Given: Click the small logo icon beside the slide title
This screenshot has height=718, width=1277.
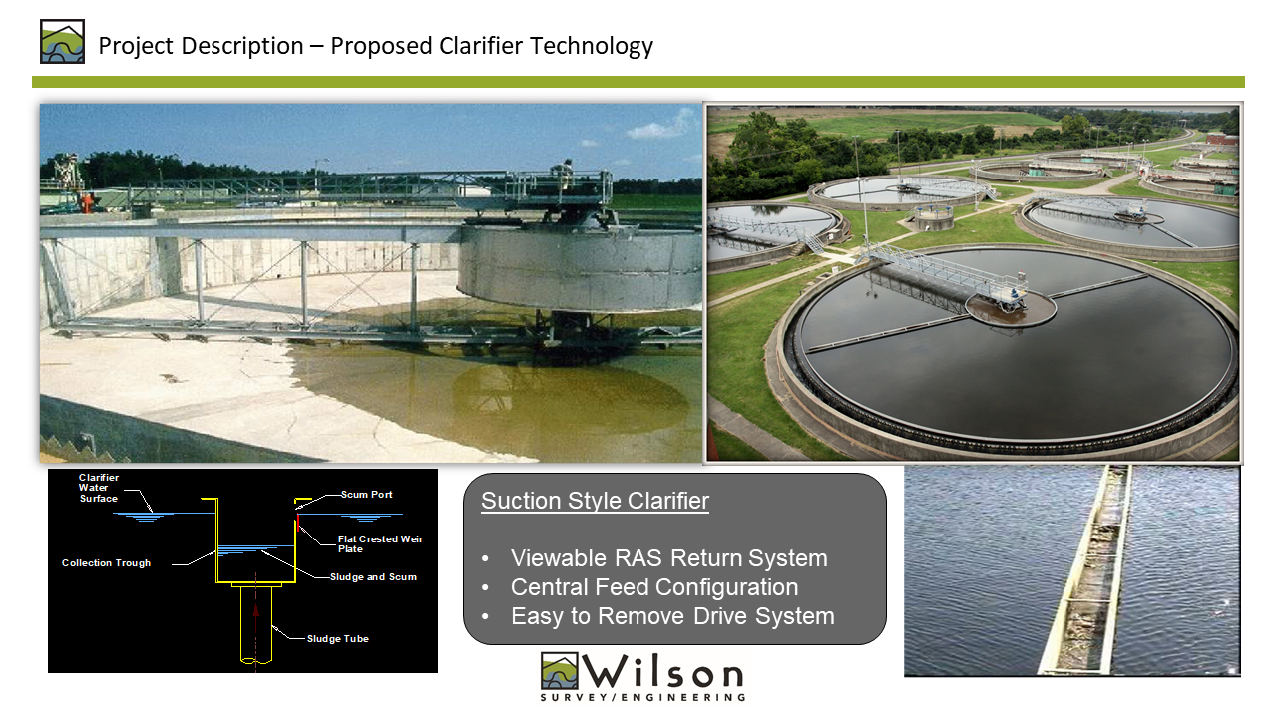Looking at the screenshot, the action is (62, 42).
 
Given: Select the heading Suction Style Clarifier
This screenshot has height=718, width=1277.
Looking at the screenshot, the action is (595, 501).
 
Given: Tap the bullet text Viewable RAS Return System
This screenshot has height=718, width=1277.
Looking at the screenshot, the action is (668, 558).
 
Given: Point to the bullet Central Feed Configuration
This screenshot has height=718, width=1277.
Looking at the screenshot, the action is (653, 587).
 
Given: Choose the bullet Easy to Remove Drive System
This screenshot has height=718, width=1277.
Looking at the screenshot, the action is (672, 616).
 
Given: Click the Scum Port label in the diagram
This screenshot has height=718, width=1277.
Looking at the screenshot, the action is (366, 494).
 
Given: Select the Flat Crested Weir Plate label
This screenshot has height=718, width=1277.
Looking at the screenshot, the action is (380, 543).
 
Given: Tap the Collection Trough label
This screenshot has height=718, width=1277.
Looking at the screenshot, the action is (106, 563).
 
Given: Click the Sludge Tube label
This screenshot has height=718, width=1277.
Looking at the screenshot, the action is (337, 639).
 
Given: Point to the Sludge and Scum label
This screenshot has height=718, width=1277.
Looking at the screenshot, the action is (373, 576).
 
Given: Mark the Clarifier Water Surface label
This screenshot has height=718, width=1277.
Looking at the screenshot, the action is (98, 488).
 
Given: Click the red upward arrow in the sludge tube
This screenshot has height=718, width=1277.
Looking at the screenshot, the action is (256, 610).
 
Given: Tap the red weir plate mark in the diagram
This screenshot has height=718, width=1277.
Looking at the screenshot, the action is (298, 522).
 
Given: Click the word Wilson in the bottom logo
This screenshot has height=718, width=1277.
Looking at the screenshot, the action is (661, 671).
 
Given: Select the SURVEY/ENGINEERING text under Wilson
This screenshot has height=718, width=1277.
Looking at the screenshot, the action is (642, 697).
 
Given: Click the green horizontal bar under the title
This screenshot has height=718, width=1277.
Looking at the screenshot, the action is (638, 82).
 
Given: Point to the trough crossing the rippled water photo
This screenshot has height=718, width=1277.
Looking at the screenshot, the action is (1084, 569).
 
